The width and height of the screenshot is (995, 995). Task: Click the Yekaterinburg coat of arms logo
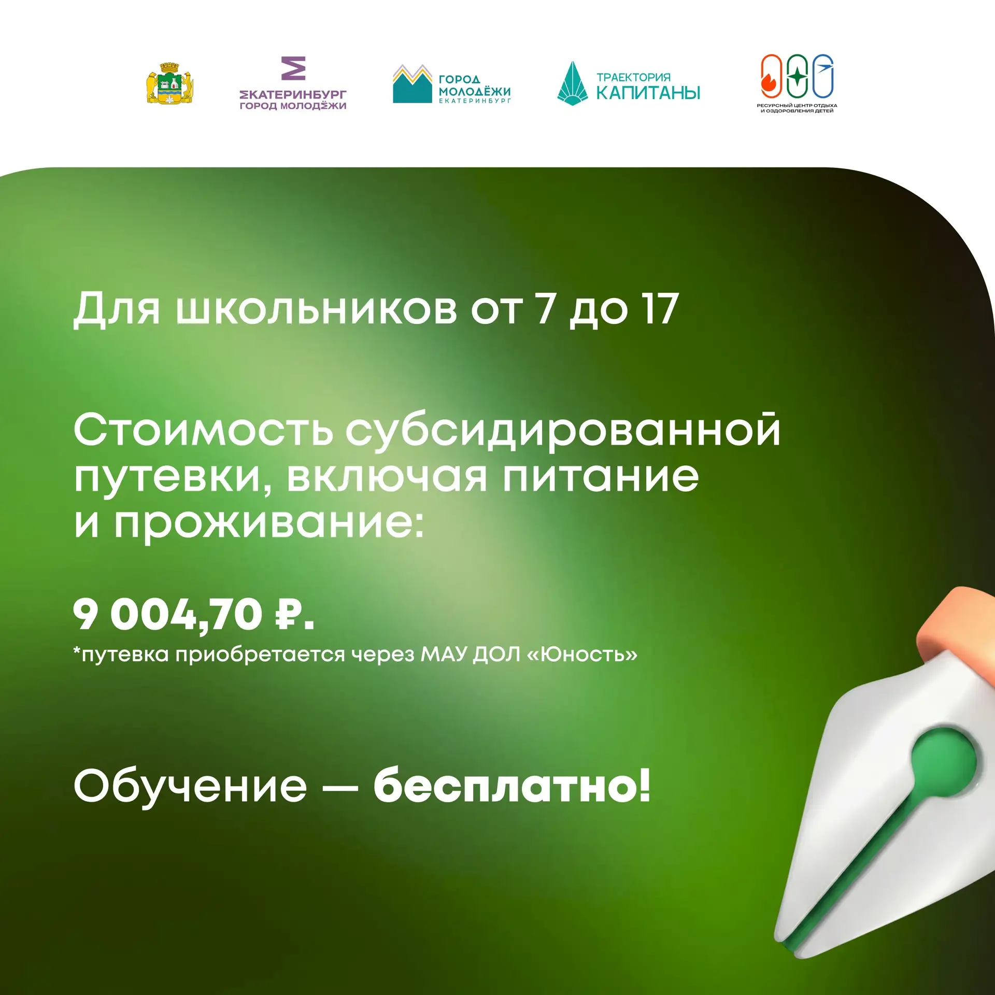(x=170, y=83)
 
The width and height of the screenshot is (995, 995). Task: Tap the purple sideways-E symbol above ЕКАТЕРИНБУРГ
(x=293, y=68)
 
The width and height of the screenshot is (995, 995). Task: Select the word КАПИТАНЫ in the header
(x=648, y=93)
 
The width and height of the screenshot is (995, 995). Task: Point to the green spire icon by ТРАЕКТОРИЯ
(x=572, y=83)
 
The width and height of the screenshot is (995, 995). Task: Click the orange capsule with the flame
(x=771, y=76)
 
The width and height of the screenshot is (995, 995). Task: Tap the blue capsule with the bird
(x=823, y=76)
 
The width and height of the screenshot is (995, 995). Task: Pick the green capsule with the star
(x=797, y=76)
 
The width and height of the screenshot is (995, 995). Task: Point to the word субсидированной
(x=563, y=431)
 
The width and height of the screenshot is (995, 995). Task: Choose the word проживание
(x=269, y=523)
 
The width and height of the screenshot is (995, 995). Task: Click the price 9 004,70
(x=167, y=614)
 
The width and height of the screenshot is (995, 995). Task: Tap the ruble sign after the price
(x=288, y=614)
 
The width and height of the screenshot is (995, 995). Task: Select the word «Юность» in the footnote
(x=582, y=654)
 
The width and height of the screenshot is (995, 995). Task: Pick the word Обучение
(x=190, y=786)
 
